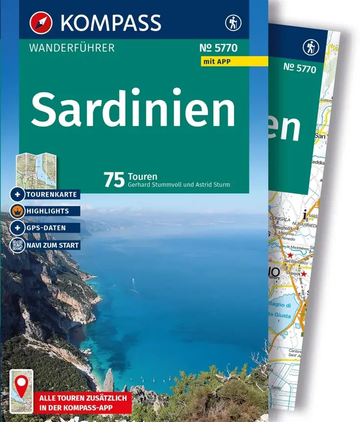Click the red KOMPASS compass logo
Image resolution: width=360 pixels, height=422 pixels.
(41, 22)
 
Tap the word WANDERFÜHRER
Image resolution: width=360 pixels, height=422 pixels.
(72, 48)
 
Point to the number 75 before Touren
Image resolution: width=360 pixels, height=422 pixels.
(114, 180)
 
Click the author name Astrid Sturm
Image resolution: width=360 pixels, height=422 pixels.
(213, 185)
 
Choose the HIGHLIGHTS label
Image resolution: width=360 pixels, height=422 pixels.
(48, 211)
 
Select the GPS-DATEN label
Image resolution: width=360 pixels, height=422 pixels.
(47, 228)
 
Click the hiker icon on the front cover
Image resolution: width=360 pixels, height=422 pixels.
(232, 23)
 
